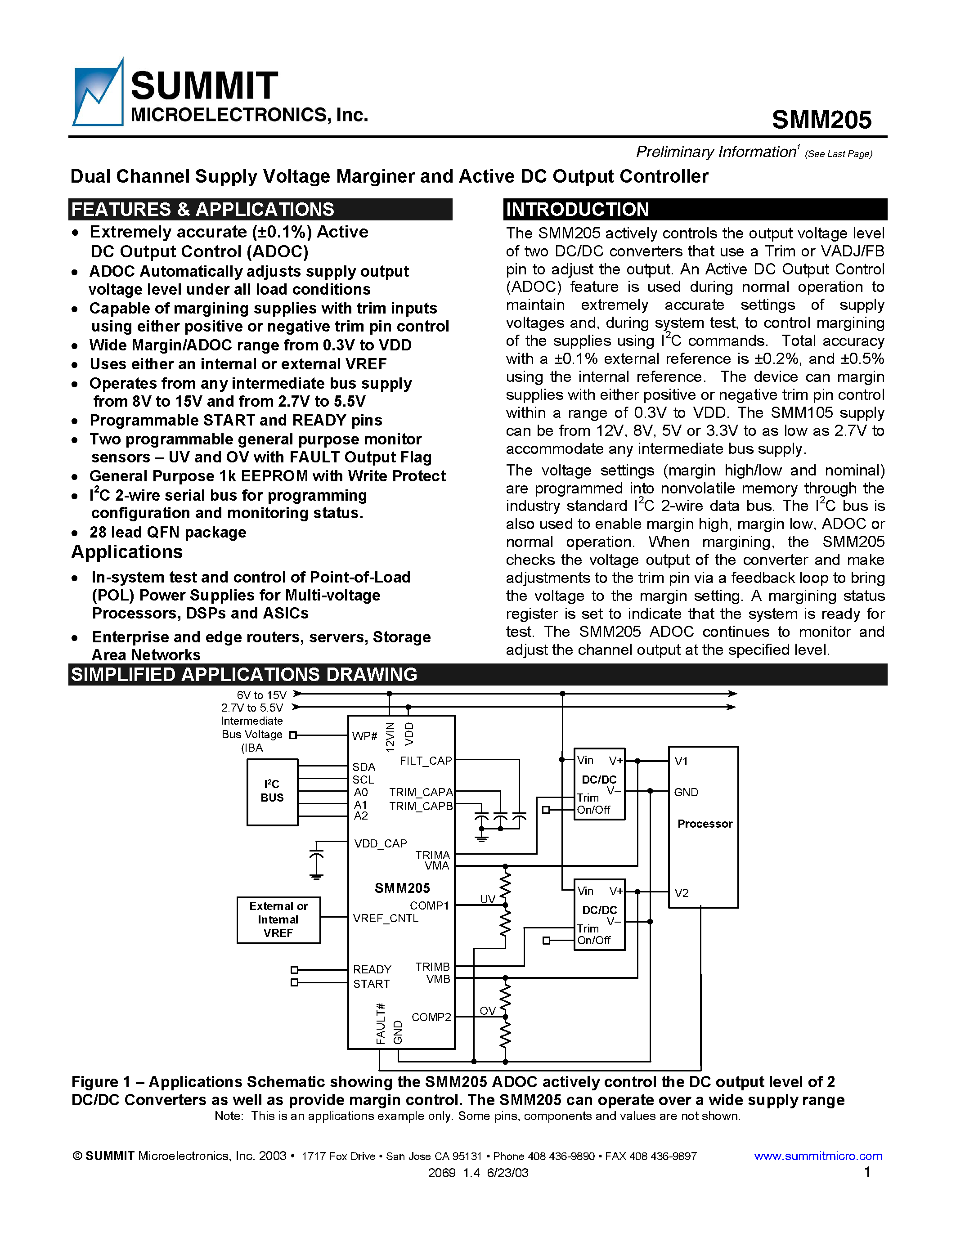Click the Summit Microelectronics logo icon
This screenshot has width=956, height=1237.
tap(98, 94)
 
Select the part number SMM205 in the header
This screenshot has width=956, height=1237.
tap(821, 120)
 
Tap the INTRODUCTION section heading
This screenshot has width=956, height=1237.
tap(577, 210)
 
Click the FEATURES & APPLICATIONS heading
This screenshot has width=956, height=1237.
tap(203, 210)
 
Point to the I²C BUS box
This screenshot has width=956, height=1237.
tap(273, 791)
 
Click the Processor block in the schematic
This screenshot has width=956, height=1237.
tap(704, 824)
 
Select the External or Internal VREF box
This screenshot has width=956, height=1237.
tap(278, 919)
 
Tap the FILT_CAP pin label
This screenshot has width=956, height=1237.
tap(425, 761)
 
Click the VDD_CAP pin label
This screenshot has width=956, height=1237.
tap(380, 843)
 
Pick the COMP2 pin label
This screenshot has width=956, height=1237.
tap(431, 1017)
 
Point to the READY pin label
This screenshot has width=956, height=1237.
tap(372, 969)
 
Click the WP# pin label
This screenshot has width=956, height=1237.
tap(364, 736)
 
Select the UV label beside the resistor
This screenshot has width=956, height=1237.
tap(487, 900)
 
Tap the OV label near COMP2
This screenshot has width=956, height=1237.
tap(487, 1011)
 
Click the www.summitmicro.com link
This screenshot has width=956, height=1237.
tap(818, 1156)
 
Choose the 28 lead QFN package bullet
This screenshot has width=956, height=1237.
tap(168, 533)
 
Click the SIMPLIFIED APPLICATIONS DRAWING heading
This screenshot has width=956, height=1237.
tap(243, 675)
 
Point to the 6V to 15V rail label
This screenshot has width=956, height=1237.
tap(262, 695)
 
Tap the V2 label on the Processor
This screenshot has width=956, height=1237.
tap(681, 893)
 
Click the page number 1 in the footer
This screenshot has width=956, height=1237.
tap(867, 1172)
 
